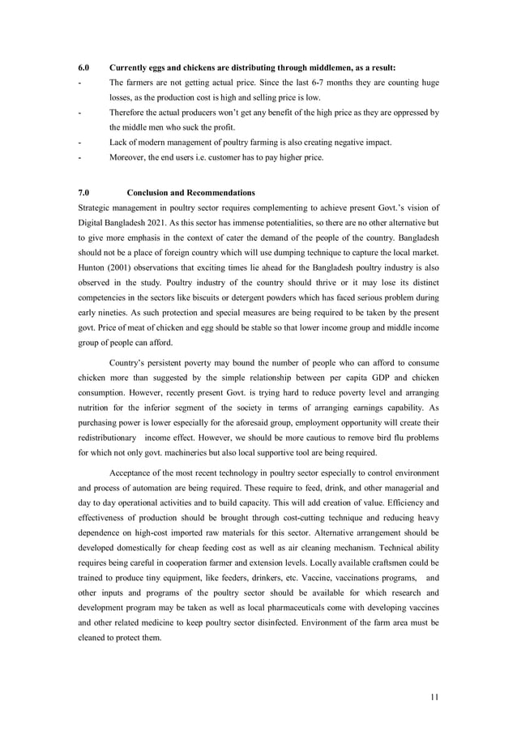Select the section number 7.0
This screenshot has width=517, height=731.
pos(83,193)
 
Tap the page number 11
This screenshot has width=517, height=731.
pos(434,696)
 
